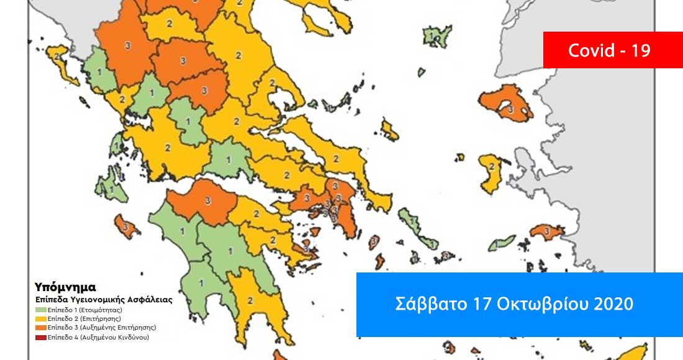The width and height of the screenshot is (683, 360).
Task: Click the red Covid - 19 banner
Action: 608,50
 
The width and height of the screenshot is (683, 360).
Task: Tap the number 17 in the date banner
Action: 469,304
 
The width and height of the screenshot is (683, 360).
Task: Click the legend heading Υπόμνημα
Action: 65,287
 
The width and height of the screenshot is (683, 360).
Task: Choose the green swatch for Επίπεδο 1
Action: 40,308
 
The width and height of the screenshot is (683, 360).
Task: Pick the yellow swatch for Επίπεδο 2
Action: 40,318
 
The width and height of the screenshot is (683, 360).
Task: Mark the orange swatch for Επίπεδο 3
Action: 40,327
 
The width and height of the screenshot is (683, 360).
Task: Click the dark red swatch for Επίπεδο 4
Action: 40,337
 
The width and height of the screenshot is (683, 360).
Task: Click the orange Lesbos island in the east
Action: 508,104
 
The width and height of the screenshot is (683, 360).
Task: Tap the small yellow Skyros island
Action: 390,131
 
